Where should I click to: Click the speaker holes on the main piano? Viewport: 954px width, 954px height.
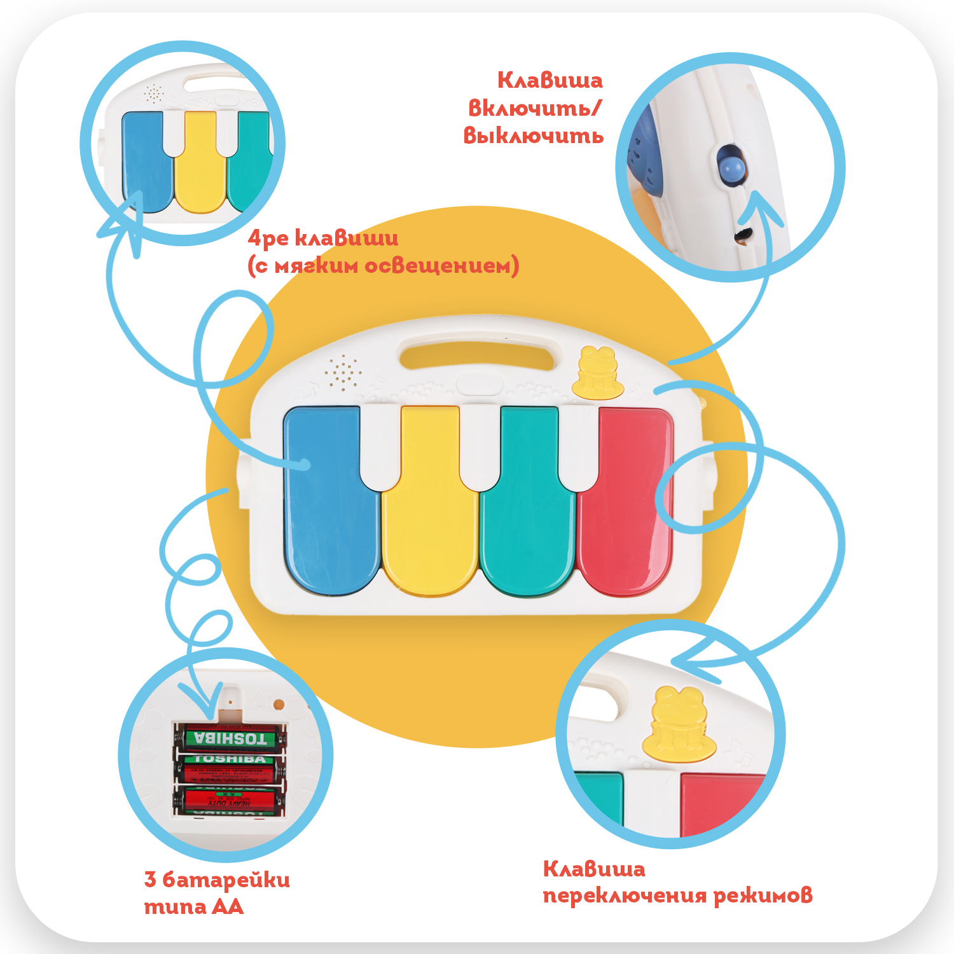[x=343, y=372]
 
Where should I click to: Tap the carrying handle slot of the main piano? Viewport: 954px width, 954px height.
[x=477, y=356]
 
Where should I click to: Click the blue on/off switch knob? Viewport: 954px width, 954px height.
[x=731, y=167]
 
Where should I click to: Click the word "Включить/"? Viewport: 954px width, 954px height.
[x=534, y=108]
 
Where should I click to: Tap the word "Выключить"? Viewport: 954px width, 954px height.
[x=533, y=135]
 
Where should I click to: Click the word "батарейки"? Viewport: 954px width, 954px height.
[x=226, y=880]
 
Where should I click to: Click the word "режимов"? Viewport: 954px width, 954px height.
[x=763, y=895]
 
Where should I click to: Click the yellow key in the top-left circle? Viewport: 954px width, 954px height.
[x=199, y=162]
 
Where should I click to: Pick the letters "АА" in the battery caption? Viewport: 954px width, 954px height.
[x=227, y=907]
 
